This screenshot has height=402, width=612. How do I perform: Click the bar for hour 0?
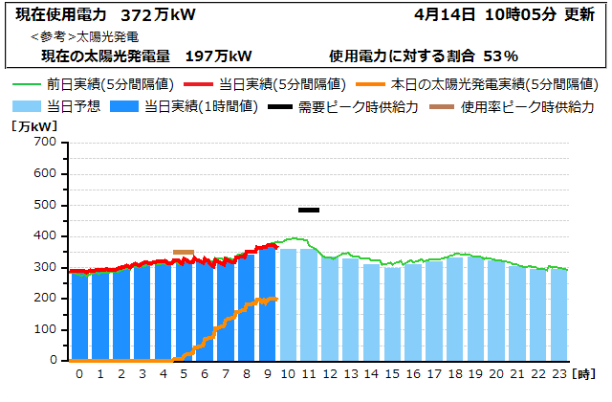coord(79,316)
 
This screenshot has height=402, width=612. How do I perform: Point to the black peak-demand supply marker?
coord(309,210)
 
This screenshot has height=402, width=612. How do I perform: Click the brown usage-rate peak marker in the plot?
coord(184,253)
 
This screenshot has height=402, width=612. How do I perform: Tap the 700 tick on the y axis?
coord(44,143)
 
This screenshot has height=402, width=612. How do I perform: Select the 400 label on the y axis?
coord(44,236)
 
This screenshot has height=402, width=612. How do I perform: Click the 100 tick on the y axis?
coord(44,330)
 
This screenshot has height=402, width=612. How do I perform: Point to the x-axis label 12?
coord(330,373)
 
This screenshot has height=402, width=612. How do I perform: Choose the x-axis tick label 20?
coord(497,373)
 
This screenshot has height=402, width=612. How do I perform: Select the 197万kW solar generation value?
coord(219,56)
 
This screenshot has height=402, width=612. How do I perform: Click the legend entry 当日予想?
coord(56,106)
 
